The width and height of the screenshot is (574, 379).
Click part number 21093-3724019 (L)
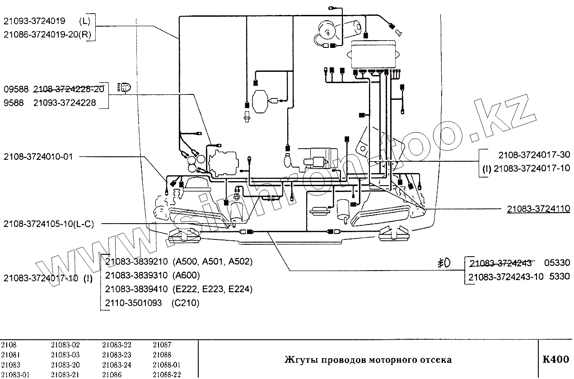(x=47, y=21)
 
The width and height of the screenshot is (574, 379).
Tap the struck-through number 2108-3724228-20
(x=69, y=89)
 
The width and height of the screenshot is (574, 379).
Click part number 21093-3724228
(x=65, y=103)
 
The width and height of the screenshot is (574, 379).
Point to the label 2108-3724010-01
(x=38, y=157)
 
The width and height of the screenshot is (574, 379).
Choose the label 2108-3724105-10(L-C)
(x=48, y=224)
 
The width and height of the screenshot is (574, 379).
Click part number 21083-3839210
(x=136, y=262)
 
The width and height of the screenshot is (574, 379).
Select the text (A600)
(x=186, y=275)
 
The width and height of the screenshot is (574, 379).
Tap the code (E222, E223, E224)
(x=212, y=289)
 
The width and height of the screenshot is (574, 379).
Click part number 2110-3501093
(x=133, y=303)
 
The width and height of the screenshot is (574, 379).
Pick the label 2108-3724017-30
(x=534, y=154)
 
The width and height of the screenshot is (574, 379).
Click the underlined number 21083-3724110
(x=538, y=209)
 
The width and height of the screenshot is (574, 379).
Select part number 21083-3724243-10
(x=506, y=277)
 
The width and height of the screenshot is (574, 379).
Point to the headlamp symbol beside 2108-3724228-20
(x=123, y=87)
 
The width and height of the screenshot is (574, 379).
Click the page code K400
(x=555, y=360)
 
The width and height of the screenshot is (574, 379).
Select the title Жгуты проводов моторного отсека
(x=367, y=360)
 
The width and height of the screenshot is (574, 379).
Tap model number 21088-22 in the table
(x=167, y=374)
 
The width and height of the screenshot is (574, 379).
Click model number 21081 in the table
(x=10, y=355)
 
